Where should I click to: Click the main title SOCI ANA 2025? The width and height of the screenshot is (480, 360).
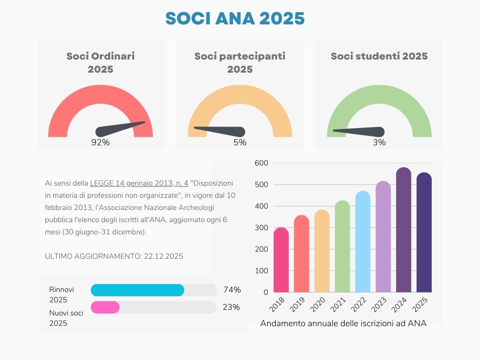pyautogui.click(x=235, y=18)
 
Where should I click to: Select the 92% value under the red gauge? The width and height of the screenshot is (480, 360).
pyautogui.click(x=100, y=142)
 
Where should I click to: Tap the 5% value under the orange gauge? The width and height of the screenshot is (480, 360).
pyautogui.click(x=240, y=142)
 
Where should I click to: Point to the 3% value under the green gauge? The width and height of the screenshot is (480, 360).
pyautogui.click(x=379, y=142)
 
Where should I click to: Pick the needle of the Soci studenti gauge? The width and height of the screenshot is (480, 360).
pyautogui.click(x=359, y=131)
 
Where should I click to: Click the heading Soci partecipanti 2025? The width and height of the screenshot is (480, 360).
pyautogui.click(x=240, y=62)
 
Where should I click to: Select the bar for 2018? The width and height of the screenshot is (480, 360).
pyautogui.click(x=281, y=260)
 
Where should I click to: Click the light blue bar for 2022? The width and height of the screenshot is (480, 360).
pyautogui.click(x=363, y=241)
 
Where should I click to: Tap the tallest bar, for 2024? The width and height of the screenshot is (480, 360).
pyautogui.click(x=404, y=230)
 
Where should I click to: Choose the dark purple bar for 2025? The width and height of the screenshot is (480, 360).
pyautogui.click(x=424, y=232)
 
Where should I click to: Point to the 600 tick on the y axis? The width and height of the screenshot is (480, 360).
pyautogui.click(x=261, y=163)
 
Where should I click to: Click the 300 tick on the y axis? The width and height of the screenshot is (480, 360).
pyautogui.click(x=261, y=228)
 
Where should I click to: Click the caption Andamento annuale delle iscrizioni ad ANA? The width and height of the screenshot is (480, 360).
pyautogui.click(x=343, y=323)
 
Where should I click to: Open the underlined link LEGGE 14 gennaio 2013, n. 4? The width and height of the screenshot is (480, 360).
pyautogui.click(x=139, y=183)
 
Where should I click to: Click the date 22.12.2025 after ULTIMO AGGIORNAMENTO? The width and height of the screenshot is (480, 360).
pyautogui.click(x=163, y=256)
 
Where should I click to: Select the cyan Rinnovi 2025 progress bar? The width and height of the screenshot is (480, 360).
pyautogui.click(x=137, y=290)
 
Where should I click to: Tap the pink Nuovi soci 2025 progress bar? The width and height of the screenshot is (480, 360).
pyautogui.click(x=105, y=307)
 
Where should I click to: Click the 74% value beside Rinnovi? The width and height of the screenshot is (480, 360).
pyautogui.click(x=232, y=290)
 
